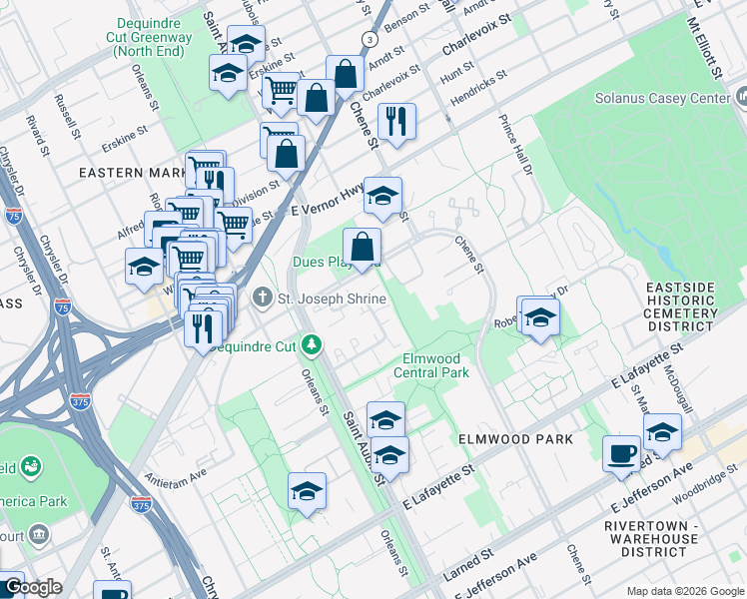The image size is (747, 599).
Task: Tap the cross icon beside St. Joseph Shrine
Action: pos(262,298)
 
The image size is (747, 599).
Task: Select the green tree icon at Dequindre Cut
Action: pos(314,345)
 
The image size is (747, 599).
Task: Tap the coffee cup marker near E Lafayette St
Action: pos(621,452)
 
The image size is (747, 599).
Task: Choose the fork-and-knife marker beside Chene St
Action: pos(397,121)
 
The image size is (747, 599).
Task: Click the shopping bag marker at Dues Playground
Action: pos(362,246)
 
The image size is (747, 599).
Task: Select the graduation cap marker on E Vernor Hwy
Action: pos(381,195)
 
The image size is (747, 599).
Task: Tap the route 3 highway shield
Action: pos(369,38)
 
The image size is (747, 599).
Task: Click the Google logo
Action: pos(32,587)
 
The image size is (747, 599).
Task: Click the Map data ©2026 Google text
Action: pos(683,590)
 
